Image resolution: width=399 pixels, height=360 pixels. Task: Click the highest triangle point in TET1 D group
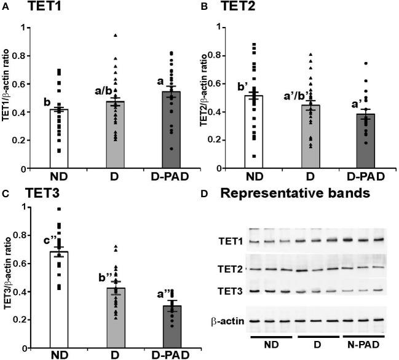click(114, 36)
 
